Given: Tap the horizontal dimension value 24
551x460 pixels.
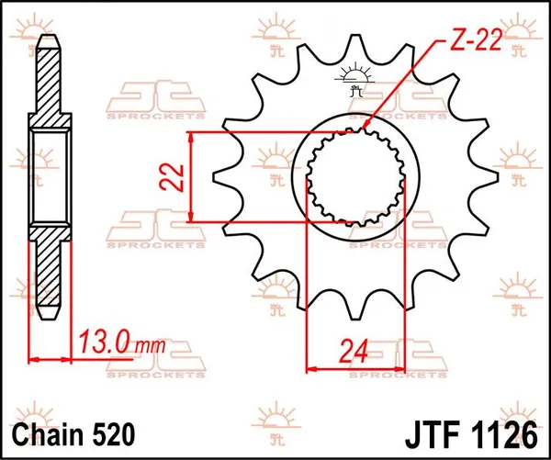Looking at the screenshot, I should [x=354, y=351].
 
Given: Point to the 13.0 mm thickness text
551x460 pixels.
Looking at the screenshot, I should [x=114, y=345].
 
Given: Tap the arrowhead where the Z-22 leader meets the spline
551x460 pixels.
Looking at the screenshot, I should [x=366, y=124].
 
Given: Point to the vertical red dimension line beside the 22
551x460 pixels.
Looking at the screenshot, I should [x=191, y=176].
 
